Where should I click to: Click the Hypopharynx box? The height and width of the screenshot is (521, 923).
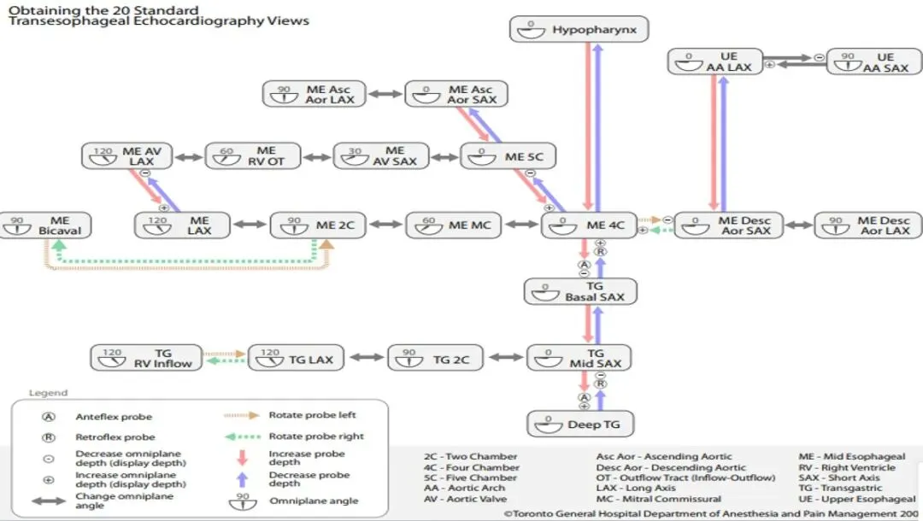tap(579, 30)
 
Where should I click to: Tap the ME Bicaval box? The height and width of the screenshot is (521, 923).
tap(45, 225)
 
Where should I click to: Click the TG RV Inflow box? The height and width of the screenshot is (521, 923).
tap(148, 358)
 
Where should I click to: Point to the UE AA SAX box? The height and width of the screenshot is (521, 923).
tap(873, 62)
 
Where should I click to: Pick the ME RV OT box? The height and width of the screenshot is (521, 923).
tap(253, 155)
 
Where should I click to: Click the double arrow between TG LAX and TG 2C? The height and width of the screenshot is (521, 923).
tap(368, 359)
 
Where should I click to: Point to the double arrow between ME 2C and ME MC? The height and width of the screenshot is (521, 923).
tap(385, 225)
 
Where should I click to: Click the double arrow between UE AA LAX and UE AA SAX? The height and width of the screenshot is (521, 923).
tap(794, 59)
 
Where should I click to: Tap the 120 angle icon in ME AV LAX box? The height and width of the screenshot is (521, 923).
tap(103, 156)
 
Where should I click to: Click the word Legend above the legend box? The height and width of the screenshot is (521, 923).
tap(48, 393)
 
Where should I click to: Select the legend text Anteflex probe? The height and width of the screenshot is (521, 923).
tap(114, 417)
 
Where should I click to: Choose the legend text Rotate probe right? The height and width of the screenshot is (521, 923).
tap(315, 436)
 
